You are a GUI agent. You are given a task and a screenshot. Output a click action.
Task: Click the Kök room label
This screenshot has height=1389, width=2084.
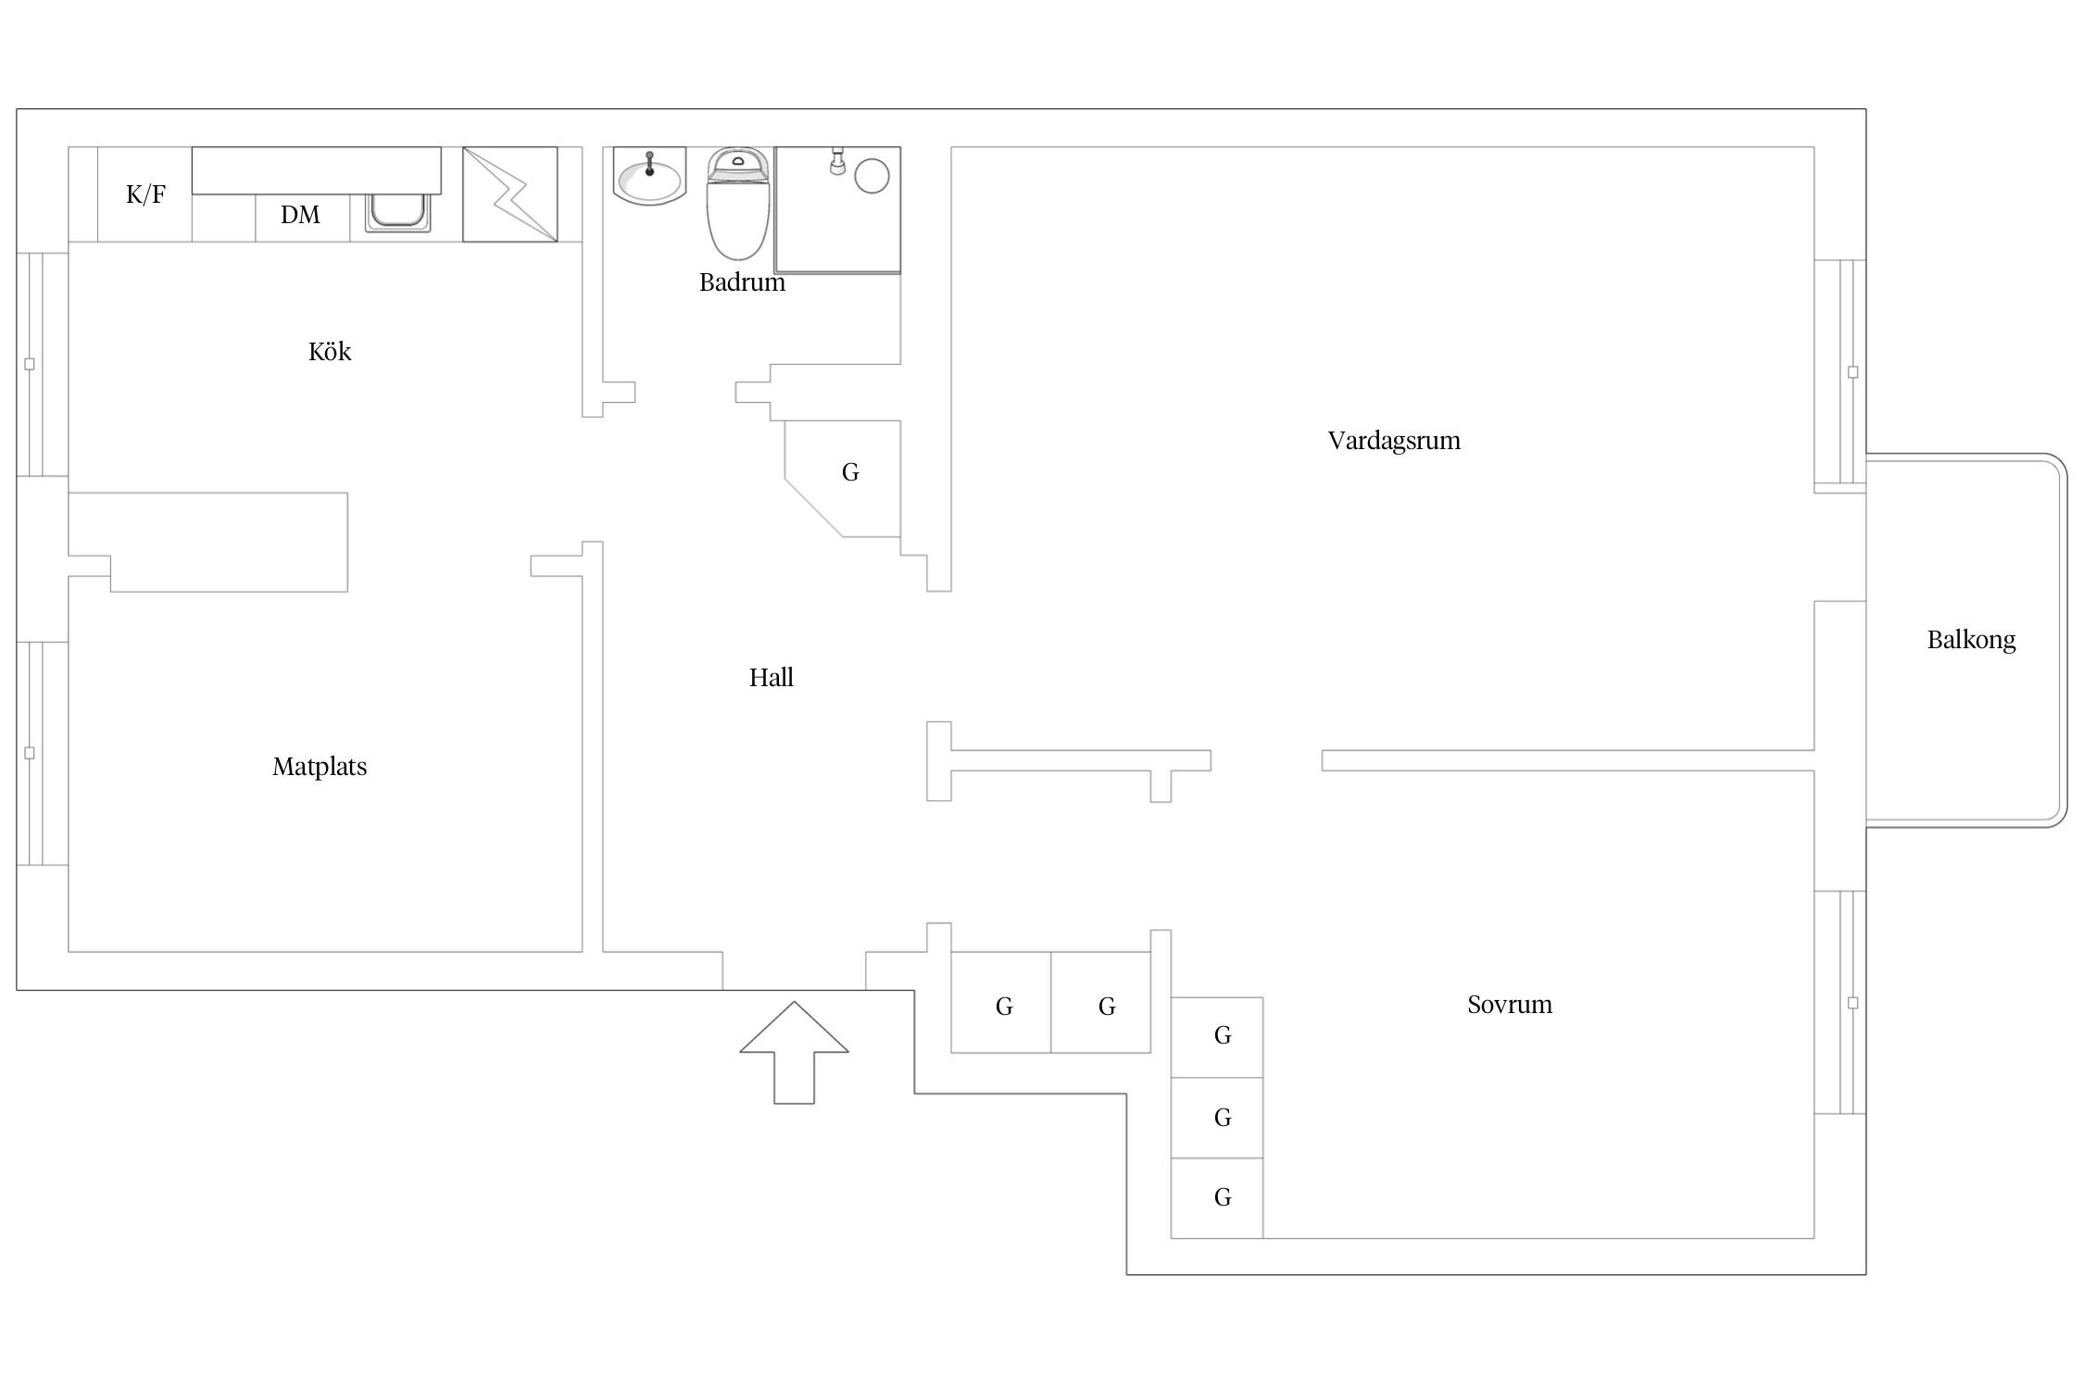(x=330, y=351)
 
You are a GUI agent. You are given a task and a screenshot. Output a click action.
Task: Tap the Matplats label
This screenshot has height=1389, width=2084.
(x=320, y=767)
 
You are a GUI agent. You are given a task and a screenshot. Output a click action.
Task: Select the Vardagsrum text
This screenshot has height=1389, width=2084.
(x=1394, y=441)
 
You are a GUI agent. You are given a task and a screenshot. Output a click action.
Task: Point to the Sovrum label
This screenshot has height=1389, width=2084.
(x=1510, y=1005)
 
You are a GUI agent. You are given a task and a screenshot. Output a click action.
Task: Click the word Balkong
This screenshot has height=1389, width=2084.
(x=1971, y=640)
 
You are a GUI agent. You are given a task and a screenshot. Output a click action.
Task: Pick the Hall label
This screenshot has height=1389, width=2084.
(x=772, y=678)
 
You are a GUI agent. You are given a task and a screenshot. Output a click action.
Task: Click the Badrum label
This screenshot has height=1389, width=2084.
(x=742, y=282)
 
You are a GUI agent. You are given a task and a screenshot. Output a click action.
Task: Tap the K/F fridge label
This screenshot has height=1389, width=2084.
(x=145, y=194)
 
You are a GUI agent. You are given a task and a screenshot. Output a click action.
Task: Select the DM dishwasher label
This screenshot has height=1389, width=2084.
(x=300, y=215)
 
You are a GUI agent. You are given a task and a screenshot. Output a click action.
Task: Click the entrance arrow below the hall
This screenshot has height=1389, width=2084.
(x=794, y=1052)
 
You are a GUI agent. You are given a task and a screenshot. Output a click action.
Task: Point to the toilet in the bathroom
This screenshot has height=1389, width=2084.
(x=738, y=203)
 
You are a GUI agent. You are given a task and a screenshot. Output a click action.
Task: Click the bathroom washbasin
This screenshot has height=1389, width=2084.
(x=649, y=176)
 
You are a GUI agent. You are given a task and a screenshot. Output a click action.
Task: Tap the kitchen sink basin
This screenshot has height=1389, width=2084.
(x=397, y=212)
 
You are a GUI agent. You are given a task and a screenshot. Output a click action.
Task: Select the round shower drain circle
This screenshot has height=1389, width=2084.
(x=872, y=176)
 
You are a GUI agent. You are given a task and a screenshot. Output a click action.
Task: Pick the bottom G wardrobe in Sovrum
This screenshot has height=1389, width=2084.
(x=1217, y=1198)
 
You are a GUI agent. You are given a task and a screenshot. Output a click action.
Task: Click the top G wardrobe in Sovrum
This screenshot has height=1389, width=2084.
(x=1217, y=1037)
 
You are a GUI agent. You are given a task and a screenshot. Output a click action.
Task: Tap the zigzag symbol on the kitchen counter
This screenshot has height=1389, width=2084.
(x=510, y=194)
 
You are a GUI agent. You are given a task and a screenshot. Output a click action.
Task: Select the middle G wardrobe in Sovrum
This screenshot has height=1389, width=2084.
(x=1217, y=1118)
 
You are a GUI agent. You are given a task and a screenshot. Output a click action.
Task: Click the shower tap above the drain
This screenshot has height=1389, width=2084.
(x=838, y=161)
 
